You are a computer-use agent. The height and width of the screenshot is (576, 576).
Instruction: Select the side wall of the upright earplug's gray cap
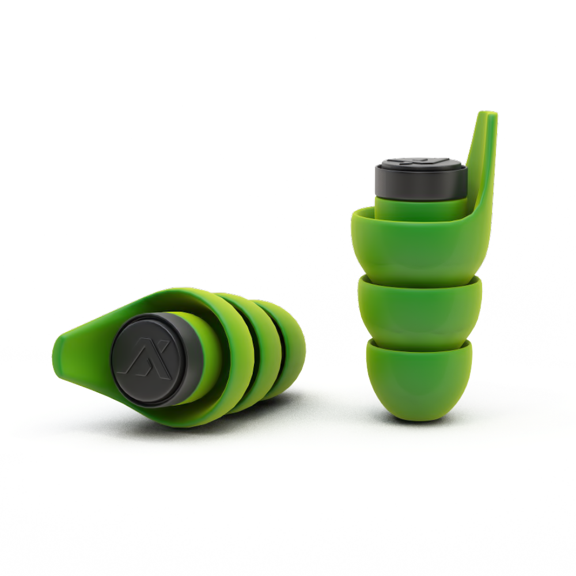point(420,187)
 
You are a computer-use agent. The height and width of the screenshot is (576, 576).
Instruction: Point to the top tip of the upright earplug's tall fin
point(490,115)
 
